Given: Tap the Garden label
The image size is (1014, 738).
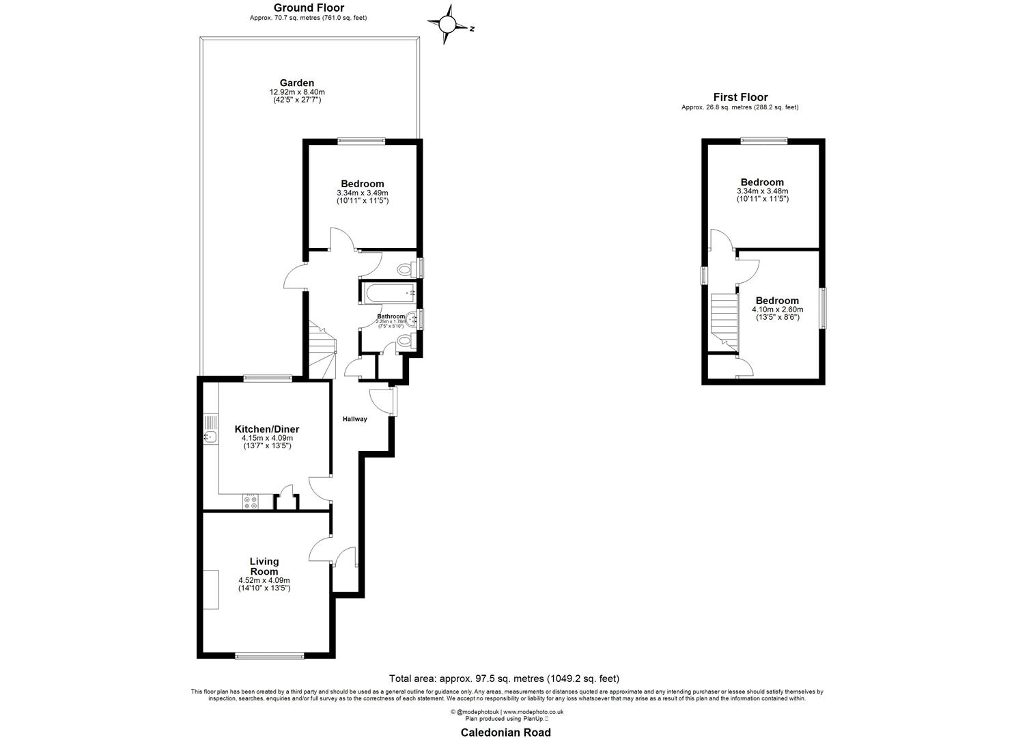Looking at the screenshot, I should [297, 83].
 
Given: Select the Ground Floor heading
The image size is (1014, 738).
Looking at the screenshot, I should [309, 8].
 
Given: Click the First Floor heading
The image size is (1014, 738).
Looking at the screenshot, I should [740, 97].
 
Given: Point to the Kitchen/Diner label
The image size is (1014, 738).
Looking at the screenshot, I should [267, 429].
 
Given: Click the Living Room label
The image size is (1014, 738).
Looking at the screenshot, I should [264, 566].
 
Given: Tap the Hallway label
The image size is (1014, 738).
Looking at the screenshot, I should [355, 419].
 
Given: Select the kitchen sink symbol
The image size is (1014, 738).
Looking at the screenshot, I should [210, 436].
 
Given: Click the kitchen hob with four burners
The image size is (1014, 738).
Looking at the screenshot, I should [250, 502].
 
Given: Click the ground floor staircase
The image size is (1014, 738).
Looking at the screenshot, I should [322, 348].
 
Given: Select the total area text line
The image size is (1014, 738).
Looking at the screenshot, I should [504, 679].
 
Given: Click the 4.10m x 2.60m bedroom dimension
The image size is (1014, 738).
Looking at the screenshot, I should [777, 310].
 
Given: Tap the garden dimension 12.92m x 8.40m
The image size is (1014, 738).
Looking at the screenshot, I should [297, 92].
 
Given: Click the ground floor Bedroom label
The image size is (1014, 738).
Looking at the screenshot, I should [363, 183].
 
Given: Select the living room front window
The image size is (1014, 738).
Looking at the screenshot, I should [269, 657].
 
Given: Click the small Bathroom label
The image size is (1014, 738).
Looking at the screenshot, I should [391, 316].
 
